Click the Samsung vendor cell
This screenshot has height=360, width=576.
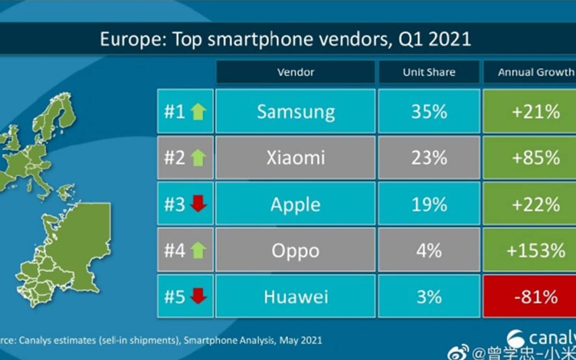[x=295, y=111]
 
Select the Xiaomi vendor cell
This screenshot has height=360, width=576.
[x=295, y=157]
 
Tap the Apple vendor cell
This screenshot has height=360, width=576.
[x=295, y=204]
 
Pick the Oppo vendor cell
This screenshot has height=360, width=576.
[x=295, y=250]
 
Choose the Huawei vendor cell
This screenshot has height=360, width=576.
[x=295, y=296]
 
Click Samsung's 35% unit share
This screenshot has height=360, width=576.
[x=429, y=111]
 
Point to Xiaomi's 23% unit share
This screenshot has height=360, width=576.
[x=429, y=157]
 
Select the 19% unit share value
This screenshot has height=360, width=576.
[x=429, y=204]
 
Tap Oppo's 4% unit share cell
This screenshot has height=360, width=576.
[x=429, y=250]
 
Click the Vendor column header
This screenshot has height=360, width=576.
[x=295, y=72]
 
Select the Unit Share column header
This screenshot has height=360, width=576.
[x=429, y=72]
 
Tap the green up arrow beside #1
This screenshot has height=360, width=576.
[x=199, y=111]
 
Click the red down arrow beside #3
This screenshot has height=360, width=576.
[x=199, y=204]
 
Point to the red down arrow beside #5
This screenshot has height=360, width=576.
[x=199, y=296]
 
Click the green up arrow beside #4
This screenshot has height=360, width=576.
[x=199, y=250]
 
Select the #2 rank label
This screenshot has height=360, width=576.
[x=174, y=158]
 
